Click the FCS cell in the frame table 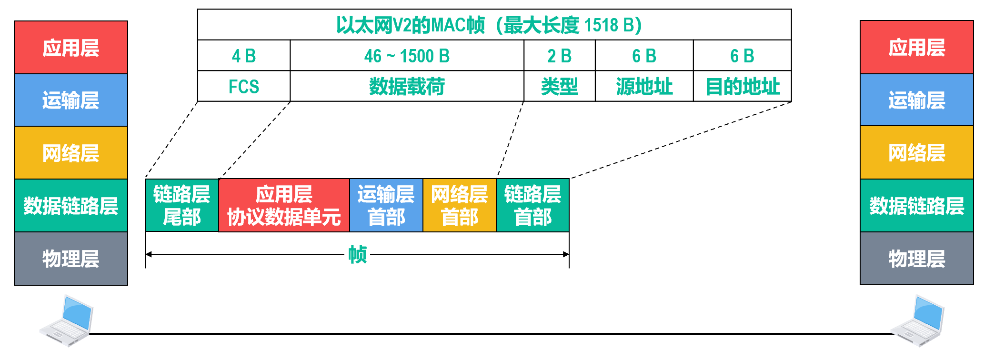click(x=243, y=87)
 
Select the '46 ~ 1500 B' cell click(x=407, y=56)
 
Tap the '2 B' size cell click(x=559, y=56)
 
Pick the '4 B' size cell click(x=243, y=56)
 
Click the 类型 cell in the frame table click(x=559, y=87)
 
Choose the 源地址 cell click(x=644, y=87)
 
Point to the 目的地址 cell click(x=742, y=87)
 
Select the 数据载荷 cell click(x=407, y=87)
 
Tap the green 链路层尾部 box click(x=182, y=205)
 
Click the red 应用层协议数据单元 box click(x=284, y=205)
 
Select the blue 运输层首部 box click(x=386, y=205)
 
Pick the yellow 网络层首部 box click(x=460, y=205)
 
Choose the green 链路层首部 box click(x=532, y=205)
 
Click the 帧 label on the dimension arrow click(x=357, y=254)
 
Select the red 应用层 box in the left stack click(x=71, y=48)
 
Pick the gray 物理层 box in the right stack click(x=916, y=259)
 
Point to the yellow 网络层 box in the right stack click(x=916, y=153)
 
